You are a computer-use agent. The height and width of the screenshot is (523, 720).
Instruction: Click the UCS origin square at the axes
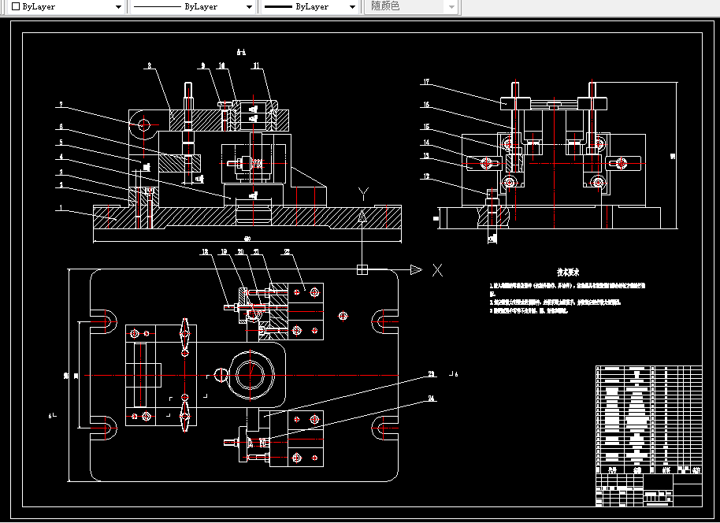362,270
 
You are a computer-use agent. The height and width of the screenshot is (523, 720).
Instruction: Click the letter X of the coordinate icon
436,270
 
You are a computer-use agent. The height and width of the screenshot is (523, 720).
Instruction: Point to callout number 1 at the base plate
60,209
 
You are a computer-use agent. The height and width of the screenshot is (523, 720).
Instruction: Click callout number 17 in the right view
425,83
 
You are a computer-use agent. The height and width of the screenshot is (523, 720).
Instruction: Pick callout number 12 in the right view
425,176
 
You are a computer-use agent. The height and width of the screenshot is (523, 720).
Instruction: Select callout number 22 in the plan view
287,253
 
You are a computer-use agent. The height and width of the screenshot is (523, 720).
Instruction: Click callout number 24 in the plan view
432,399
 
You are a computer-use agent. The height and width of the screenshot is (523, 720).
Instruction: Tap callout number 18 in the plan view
204,253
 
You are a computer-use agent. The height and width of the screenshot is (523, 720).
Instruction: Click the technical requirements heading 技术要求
568,272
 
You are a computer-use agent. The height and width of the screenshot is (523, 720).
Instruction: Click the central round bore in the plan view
251,375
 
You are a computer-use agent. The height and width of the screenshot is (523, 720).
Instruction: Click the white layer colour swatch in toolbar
15,6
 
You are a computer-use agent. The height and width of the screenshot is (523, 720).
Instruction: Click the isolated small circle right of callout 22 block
343,316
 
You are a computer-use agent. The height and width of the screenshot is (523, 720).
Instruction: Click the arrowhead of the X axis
417,270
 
